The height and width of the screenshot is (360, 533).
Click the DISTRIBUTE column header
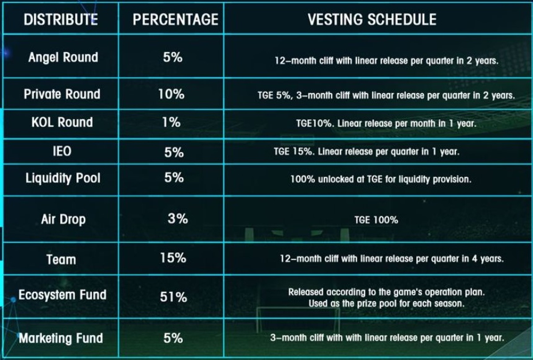60,20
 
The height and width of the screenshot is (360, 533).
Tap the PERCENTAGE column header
175,20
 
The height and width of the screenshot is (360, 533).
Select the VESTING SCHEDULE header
372,20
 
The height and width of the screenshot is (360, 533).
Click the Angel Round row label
63,57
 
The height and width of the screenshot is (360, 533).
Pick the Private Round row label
62,94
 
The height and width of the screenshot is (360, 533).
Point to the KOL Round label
62,123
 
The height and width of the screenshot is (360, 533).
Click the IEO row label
62,151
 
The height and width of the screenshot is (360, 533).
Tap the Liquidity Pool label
63,178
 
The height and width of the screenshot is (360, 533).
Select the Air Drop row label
63,219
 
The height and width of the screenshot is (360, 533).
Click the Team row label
61,259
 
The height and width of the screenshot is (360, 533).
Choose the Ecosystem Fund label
62,295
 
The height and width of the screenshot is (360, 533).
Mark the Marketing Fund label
61,338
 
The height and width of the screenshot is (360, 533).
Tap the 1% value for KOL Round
171,123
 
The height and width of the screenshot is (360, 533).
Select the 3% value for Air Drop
178,219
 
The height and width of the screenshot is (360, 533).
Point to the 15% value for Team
173,258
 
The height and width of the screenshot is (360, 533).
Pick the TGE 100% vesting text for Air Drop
376,220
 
